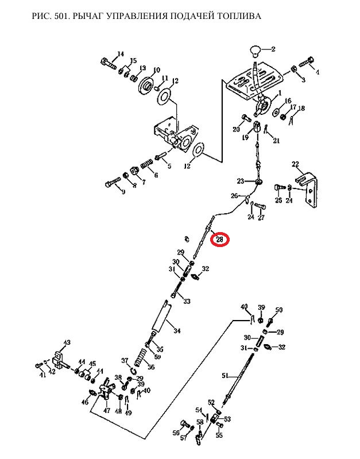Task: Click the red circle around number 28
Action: point(219,239)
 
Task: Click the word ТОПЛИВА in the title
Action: point(237,16)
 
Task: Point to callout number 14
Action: point(120,55)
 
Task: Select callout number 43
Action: point(67,343)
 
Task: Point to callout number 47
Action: point(106,411)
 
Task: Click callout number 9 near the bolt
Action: point(123,192)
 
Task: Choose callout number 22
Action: point(296,165)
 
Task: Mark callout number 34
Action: point(177,331)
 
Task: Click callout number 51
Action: point(225,376)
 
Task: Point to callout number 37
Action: point(125,361)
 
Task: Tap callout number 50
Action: point(279,310)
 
